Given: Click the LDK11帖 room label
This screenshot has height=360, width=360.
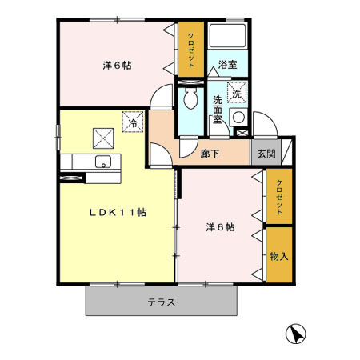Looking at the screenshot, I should pos(117,213).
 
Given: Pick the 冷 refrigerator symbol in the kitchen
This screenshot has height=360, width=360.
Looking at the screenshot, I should pos(132,122).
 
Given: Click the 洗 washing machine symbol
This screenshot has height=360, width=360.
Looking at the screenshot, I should pos(238,94).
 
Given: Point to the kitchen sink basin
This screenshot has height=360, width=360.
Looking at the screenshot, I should pos(101,162).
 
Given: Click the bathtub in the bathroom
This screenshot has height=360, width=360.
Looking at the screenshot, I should pos(229,37).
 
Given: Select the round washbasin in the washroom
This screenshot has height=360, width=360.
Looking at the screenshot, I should pos(238,117).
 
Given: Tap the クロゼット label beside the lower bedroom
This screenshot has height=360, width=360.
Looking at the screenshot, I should pos(279,197).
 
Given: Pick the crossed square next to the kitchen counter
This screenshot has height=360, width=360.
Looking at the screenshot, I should pos(103,138).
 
